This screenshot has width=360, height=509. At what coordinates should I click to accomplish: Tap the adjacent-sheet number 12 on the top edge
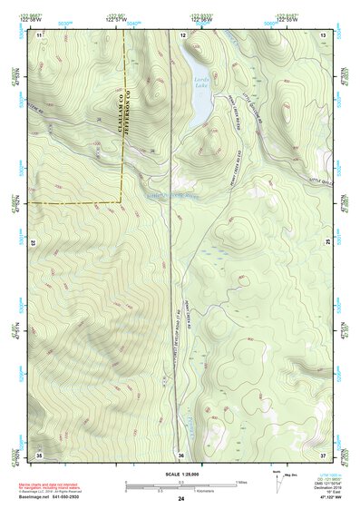click(x=183, y=34)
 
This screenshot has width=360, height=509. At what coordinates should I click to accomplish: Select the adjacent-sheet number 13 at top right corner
click(x=323, y=34)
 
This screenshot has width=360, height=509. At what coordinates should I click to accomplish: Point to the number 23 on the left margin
click(x=34, y=243)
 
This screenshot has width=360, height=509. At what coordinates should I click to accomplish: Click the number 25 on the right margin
click(x=328, y=243)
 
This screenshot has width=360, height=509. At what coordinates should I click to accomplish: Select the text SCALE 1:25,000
click(x=180, y=473)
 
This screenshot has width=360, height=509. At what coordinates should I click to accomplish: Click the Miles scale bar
click(x=180, y=482)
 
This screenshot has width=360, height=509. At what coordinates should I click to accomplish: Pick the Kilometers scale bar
click(x=180, y=489)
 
